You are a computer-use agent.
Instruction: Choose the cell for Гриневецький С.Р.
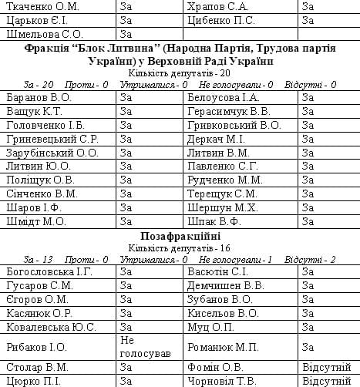click(x=51, y=139)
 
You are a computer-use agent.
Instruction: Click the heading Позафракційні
click(x=180, y=235)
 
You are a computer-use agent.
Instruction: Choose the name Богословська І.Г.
click(x=49, y=272)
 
